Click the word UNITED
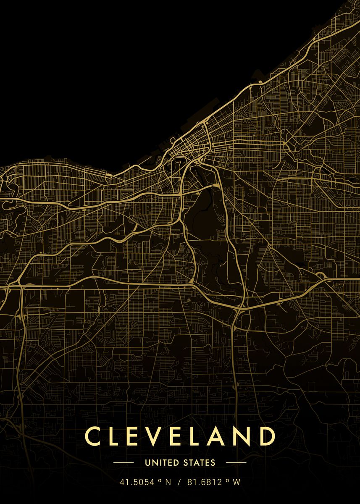159,463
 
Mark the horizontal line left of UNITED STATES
124,463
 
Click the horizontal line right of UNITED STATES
236,463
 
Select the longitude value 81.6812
205,483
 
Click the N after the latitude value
168,483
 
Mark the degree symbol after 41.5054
160,481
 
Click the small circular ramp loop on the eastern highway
321,276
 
